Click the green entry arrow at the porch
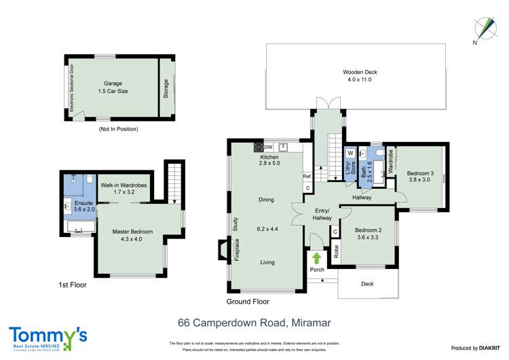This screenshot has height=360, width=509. point(317,257)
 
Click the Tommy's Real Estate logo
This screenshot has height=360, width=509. point(48,338)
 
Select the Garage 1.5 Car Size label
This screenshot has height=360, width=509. point(113,87)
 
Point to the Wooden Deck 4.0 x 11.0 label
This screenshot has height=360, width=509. point(359,75)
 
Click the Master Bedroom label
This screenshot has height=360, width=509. point(132,235)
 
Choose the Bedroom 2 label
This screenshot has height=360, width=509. point(369,234)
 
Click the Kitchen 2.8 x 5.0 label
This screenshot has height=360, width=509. point(270,160)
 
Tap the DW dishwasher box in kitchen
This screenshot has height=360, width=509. point(269,146)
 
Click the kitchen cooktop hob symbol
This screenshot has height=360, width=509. point(259,146)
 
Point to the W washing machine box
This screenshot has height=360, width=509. point(350,153)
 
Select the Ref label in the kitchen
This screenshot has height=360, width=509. point(307,176)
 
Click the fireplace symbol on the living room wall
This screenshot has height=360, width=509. point(223,249)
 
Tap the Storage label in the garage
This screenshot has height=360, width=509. point(166,88)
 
